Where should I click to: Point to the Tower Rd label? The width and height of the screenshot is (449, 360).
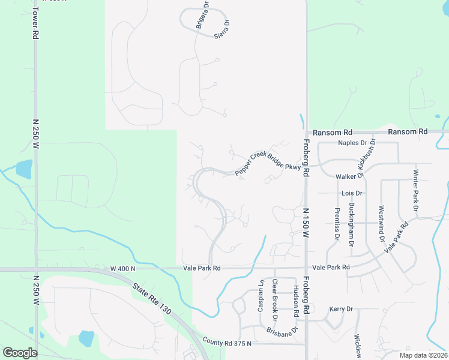(x=35, y=23)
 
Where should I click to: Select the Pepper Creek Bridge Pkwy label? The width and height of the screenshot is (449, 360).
(x=268, y=161)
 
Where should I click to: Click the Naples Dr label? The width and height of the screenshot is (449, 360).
(x=352, y=143)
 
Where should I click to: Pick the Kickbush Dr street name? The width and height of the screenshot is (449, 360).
(x=366, y=154)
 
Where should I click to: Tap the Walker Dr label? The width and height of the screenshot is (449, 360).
(x=350, y=176)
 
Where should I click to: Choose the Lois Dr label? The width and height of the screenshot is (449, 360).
(x=352, y=193)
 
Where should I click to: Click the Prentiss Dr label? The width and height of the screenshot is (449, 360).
(x=337, y=223)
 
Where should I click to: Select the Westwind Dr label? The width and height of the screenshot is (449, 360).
(x=381, y=224)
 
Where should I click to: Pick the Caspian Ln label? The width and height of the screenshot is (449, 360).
(x=261, y=295)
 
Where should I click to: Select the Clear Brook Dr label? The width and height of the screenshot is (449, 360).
(x=275, y=298)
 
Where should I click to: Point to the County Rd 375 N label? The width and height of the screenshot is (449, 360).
(x=227, y=343)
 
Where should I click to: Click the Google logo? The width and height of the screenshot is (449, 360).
(x=20, y=353)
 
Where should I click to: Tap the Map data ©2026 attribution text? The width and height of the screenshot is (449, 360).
(x=423, y=355)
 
